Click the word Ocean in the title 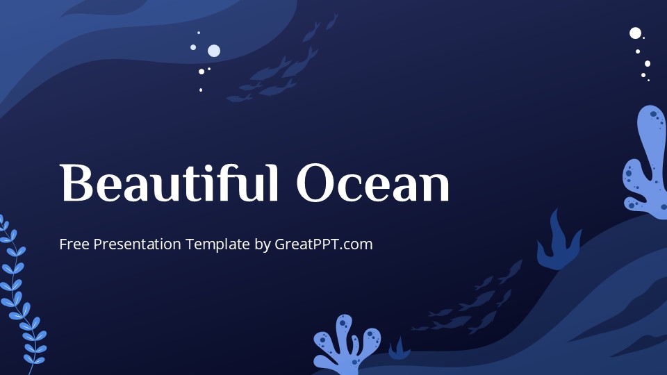click(x=372, y=185)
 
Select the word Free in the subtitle click(x=74, y=244)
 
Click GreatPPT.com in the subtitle click(x=324, y=244)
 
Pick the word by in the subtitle click(x=263, y=244)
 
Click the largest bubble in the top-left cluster click(x=214, y=50)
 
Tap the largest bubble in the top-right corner click(x=635, y=33)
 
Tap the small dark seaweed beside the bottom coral click(x=400, y=349)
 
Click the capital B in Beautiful click(x=76, y=183)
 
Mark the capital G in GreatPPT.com click(x=281, y=244)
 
